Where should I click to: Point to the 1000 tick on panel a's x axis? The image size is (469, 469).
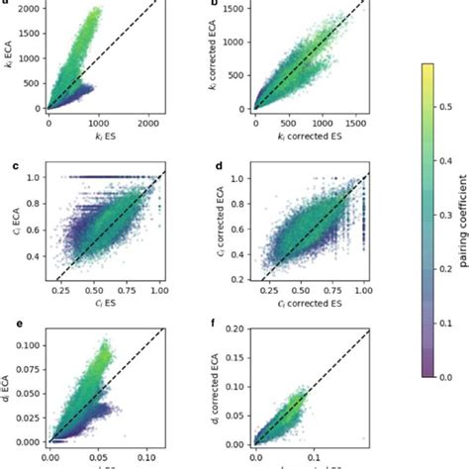click(97, 124)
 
